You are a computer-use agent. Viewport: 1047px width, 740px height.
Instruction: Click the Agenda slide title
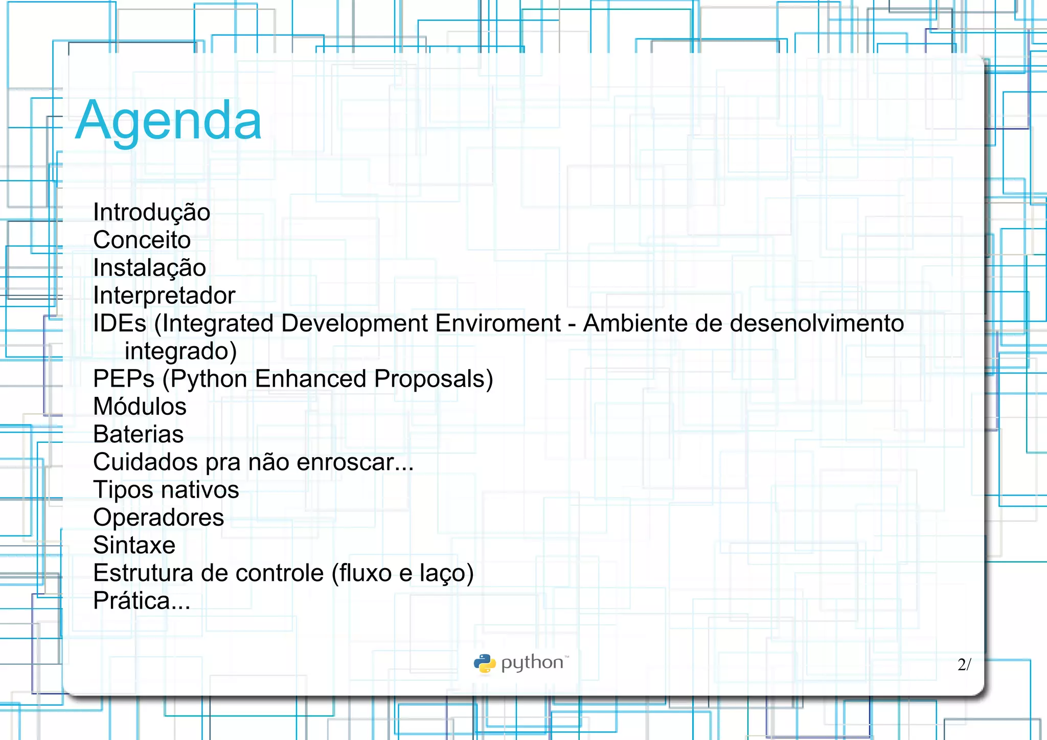point(169,121)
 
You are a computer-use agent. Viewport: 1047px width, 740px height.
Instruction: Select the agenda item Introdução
point(151,212)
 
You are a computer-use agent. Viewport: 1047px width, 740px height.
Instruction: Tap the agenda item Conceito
point(142,240)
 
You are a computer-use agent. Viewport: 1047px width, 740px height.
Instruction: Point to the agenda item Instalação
point(149,267)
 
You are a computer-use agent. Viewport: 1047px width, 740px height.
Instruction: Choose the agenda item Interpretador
point(164,296)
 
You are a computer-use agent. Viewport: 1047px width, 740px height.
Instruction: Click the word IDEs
point(120,323)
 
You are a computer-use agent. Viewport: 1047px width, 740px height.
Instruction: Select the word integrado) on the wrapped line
point(180,351)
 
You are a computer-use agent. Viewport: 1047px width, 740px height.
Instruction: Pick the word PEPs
point(124,379)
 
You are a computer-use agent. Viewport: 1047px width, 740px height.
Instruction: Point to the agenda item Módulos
point(140,407)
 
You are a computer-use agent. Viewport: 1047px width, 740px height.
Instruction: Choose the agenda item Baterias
point(138,434)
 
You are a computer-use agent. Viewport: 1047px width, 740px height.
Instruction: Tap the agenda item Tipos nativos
point(166,490)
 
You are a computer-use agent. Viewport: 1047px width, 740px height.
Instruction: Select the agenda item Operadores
point(158,518)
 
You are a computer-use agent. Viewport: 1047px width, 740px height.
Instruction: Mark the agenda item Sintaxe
point(134,545)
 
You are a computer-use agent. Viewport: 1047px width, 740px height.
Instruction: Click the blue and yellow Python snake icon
point(484,663)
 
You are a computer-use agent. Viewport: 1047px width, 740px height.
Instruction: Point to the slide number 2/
point(964,664)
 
